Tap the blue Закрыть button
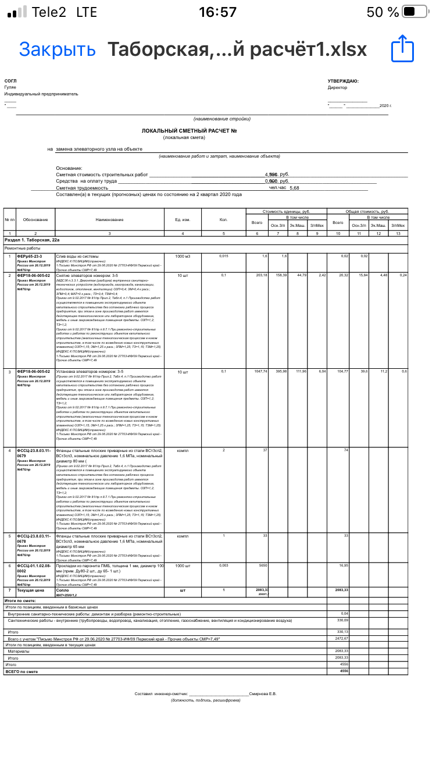click(x=57, y=49)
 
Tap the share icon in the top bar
click(x=402, y=49)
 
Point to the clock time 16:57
click(x=217, y=12)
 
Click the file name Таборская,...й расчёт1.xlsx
click(x=237, y=49)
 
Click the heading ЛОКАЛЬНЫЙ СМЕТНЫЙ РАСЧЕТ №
click(x=189, y=131)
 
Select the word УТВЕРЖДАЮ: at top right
click(x=343, y=81)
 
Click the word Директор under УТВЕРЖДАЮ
click(x=337, y=88)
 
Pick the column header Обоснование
click(x=35, y=219)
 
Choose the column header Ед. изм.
click(x=183, y=219)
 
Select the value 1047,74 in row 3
click(x=260, y=371)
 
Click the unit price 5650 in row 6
click(x=263, y=565)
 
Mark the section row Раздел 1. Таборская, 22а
click(x=32, y=240)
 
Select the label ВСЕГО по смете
click(x=22, y=671)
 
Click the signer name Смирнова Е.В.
click(x=263, y=693)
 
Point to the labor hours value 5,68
click(x=294, y=188)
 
